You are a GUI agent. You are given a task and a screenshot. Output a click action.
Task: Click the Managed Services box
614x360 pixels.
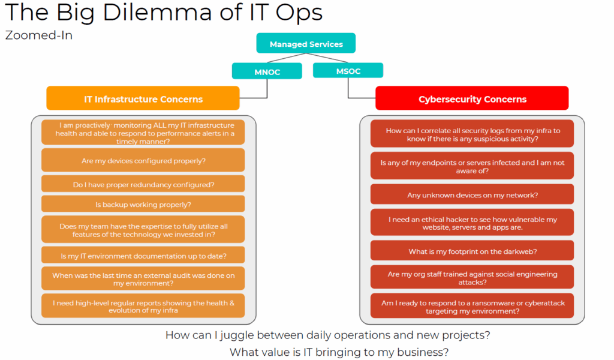pyautogui.click(x=306, y=43)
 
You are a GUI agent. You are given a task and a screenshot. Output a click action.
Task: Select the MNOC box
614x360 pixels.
pyautogui.click(x=267, y=71)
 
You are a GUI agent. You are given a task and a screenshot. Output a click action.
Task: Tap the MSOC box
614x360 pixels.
pyautogui.click(x=348, y=71)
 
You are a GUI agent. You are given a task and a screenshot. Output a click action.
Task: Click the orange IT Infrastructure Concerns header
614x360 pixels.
pyautogui.click(x=143, y=98)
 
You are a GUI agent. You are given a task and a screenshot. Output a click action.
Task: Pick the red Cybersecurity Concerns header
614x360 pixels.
pyautogui.click(x=472, y=98)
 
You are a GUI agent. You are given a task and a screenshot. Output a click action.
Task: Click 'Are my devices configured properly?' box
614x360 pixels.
pyautogui.click(x=143, y=160)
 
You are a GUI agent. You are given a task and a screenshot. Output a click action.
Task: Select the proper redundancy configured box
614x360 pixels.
pyautogui.click(x=143, y=184)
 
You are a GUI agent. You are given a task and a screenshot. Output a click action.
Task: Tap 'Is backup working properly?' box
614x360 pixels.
pyautogui.click(x=143, y=204)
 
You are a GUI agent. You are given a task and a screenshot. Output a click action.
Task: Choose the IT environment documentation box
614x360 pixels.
pyautogui.click(x=143, y=256)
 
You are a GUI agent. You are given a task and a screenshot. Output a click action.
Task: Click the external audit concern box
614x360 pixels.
pyautogui.click(x=143, y=278)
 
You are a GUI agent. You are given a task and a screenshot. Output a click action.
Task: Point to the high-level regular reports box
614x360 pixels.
pyautogui.click(x=143, y=306)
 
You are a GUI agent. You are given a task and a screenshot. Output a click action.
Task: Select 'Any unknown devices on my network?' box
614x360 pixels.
pyautogui.click(x=472, y=194)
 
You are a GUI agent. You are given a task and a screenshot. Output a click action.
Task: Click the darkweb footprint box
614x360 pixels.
pyautogui.click(x=472, y=251)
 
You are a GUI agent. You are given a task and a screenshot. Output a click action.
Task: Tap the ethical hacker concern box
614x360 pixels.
pyautogui.click(x=472, y=223)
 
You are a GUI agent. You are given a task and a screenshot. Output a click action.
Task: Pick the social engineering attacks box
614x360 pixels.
pyautogui.click(x=472, y=277)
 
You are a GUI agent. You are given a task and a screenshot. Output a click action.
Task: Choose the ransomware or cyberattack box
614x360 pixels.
pyautogui.click(x=472, y=307)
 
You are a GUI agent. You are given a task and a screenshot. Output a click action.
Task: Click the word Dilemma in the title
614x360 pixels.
pyautogui.click(x=156, y=12)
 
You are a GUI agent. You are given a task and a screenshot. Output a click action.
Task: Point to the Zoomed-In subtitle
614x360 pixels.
pyautogui.click(x=39, y=35)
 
